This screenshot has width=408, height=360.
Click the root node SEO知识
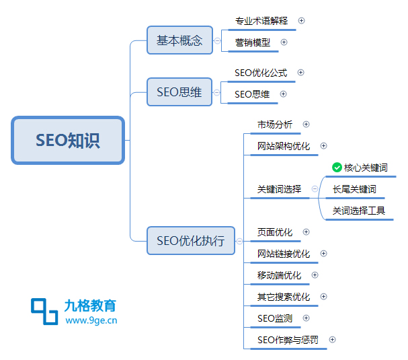coord(68,140)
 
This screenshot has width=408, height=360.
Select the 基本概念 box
coord(179,40)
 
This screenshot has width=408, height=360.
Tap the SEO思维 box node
coord(179,92)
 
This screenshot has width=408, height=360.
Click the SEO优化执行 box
coord(191,240)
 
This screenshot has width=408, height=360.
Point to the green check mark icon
coord(337,168)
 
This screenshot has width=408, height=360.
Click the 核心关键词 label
coord(366,168)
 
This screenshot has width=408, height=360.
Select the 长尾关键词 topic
coord(354,189)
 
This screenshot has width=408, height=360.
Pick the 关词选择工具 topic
coord(359,211)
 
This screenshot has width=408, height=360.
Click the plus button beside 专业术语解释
coord(301,21)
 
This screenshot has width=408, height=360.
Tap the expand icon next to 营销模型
coord(284,42)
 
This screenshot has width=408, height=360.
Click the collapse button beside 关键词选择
coord(315,189)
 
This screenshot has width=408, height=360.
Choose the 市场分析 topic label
coord(275,124)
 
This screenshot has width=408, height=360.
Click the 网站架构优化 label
coord(284,146)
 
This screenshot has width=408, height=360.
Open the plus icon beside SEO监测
coord(307,318)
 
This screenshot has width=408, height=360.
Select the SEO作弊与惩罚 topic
coord(288,340)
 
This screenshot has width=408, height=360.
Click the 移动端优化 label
coord(279,275)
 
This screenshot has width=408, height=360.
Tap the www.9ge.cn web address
coord(91,320)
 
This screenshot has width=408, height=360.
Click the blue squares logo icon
coord(44,312)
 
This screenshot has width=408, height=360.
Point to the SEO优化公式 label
coord(261,73)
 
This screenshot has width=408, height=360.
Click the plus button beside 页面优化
coord(307,232)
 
